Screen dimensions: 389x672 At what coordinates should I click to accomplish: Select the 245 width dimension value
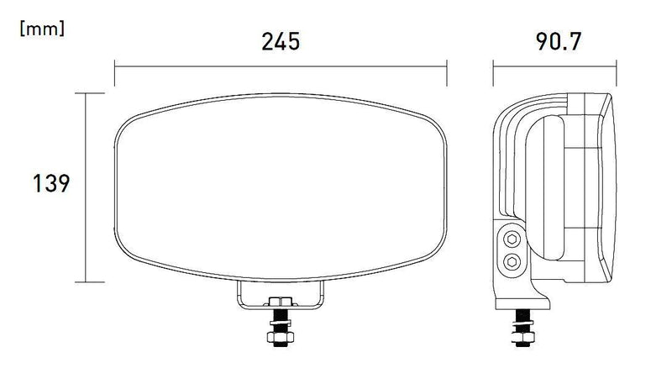(x=280, y=41)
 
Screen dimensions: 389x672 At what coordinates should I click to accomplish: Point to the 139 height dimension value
(x=50, y=183)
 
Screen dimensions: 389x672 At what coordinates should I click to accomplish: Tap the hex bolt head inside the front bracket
(x=280, y=301)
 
